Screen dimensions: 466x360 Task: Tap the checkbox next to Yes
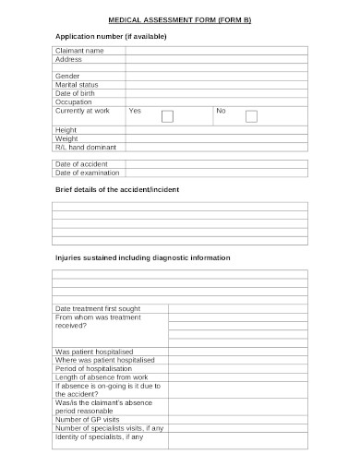point(167,116)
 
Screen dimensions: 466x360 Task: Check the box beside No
point(251,116)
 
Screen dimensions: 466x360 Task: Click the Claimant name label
point(80,50)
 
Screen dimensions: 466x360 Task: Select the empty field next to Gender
point(217,76)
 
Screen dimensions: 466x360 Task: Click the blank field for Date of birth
point(217,93)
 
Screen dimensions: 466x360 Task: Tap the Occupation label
point(75,102)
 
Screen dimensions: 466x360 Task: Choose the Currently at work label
point(82,111)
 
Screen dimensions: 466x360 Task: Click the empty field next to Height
point(217,129)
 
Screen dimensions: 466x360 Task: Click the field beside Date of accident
point(217,162)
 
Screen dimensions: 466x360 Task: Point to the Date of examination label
point(88,172)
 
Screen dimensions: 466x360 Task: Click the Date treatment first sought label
point(100,308)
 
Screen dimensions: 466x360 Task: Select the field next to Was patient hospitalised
point(237,352)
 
